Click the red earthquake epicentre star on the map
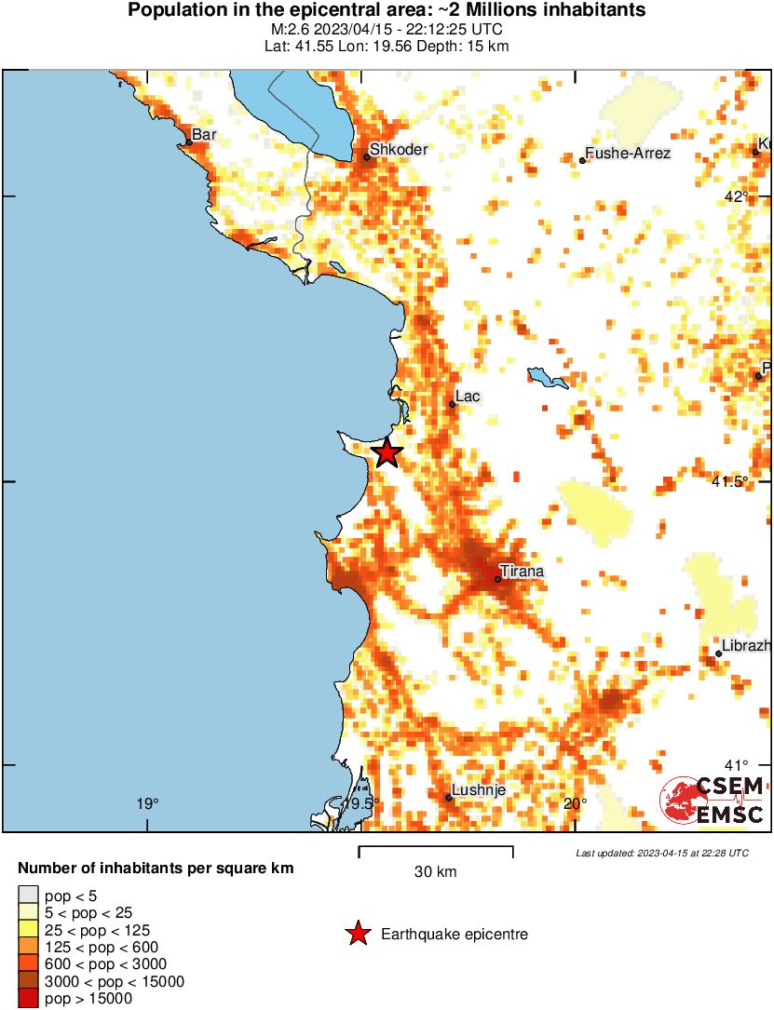coord(387,453)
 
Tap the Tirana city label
coord(522,571)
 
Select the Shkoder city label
coord(399,149)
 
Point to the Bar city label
coord(204,135)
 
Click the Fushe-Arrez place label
coord(628,153)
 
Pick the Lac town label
coord(468,397)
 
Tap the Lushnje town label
coord(478,789)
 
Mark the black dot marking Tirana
coord(498,579)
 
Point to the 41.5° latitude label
coord(730,481)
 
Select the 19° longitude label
coord(147,804)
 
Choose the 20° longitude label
coord(575,804)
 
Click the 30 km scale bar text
coord(435,872)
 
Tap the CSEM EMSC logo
coord(713,801)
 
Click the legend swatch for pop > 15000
coord(28,999)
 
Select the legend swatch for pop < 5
coord(28,896)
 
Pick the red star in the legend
coord(357,934)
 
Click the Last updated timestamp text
coord(661,853)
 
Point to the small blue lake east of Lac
coord(547,378)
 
